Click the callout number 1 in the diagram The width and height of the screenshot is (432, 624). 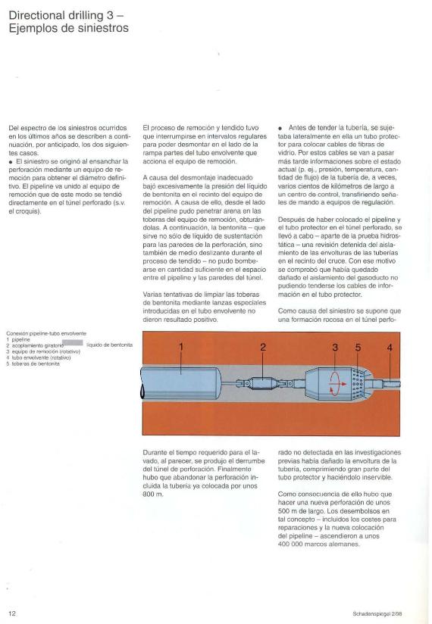(x=181, y=347)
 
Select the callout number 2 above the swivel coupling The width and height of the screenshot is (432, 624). (x=263, y=347)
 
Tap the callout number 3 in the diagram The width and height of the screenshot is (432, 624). (x=335, y=348)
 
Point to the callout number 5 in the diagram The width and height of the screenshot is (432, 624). (x=358, y=348)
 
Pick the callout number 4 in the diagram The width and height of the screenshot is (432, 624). (x=390, y=348)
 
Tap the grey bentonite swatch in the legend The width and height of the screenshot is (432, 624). (x=74, y=342)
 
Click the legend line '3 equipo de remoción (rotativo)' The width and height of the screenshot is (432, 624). (x=43, y=352)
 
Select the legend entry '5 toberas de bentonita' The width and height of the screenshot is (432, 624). (x=33, y=363)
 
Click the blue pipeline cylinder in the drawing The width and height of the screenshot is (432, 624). (x=181, y=383)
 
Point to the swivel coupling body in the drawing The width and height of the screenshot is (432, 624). (x=262, y=383)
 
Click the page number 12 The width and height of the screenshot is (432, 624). (x=12, y=613)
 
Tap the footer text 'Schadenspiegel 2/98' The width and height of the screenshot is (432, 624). (x=377, y=613)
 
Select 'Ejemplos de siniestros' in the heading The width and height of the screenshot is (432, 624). (x=68, y=28)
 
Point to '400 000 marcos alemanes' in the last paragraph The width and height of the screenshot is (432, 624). (x=318, y=544)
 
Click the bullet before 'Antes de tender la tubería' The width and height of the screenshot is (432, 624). (x=280, y=128)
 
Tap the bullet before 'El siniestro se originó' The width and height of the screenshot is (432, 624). (x=11, y=161)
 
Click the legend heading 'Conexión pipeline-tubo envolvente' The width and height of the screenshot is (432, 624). (x=46, y=333)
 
